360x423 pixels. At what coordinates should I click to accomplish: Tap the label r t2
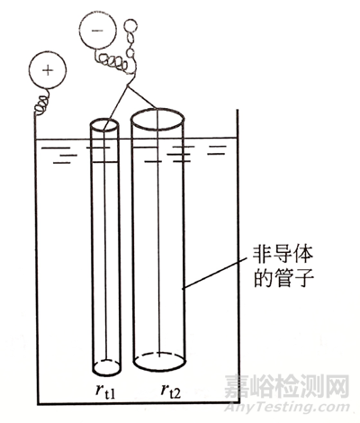click(x=171, y=391)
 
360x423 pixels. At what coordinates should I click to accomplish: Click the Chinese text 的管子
click(x=283, y=278)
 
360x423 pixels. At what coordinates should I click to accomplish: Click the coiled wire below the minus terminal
click(x=112, y=60)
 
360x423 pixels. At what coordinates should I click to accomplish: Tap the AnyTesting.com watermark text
click(x=287, y=408)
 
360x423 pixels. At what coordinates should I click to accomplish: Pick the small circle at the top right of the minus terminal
click(x=130, y=25)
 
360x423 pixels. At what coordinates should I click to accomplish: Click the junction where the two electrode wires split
click(x=128, y=86)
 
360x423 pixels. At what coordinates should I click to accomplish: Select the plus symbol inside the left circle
click(x=48, y=70)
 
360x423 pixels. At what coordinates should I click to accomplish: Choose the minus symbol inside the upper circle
click(x=97, y=30)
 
